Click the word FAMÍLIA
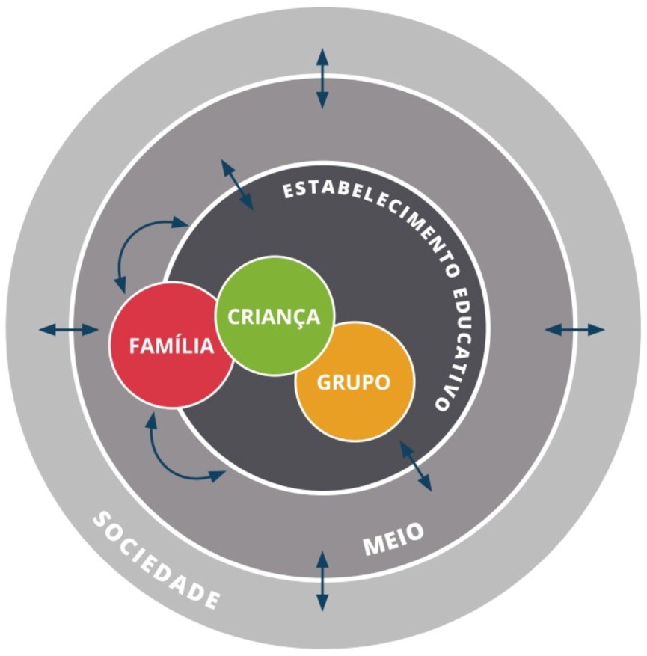[x=171, y=346]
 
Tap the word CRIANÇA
[x=274, y=316]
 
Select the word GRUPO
[x=354, y=382]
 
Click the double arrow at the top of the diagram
[x=322, y=78]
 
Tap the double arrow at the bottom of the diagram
[x=322, y=580]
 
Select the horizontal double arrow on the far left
[x=68, y=329]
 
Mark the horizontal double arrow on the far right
[x=574, y=329]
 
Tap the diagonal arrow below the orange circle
[x=416, y=465]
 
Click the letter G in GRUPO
[x=325, y=382]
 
